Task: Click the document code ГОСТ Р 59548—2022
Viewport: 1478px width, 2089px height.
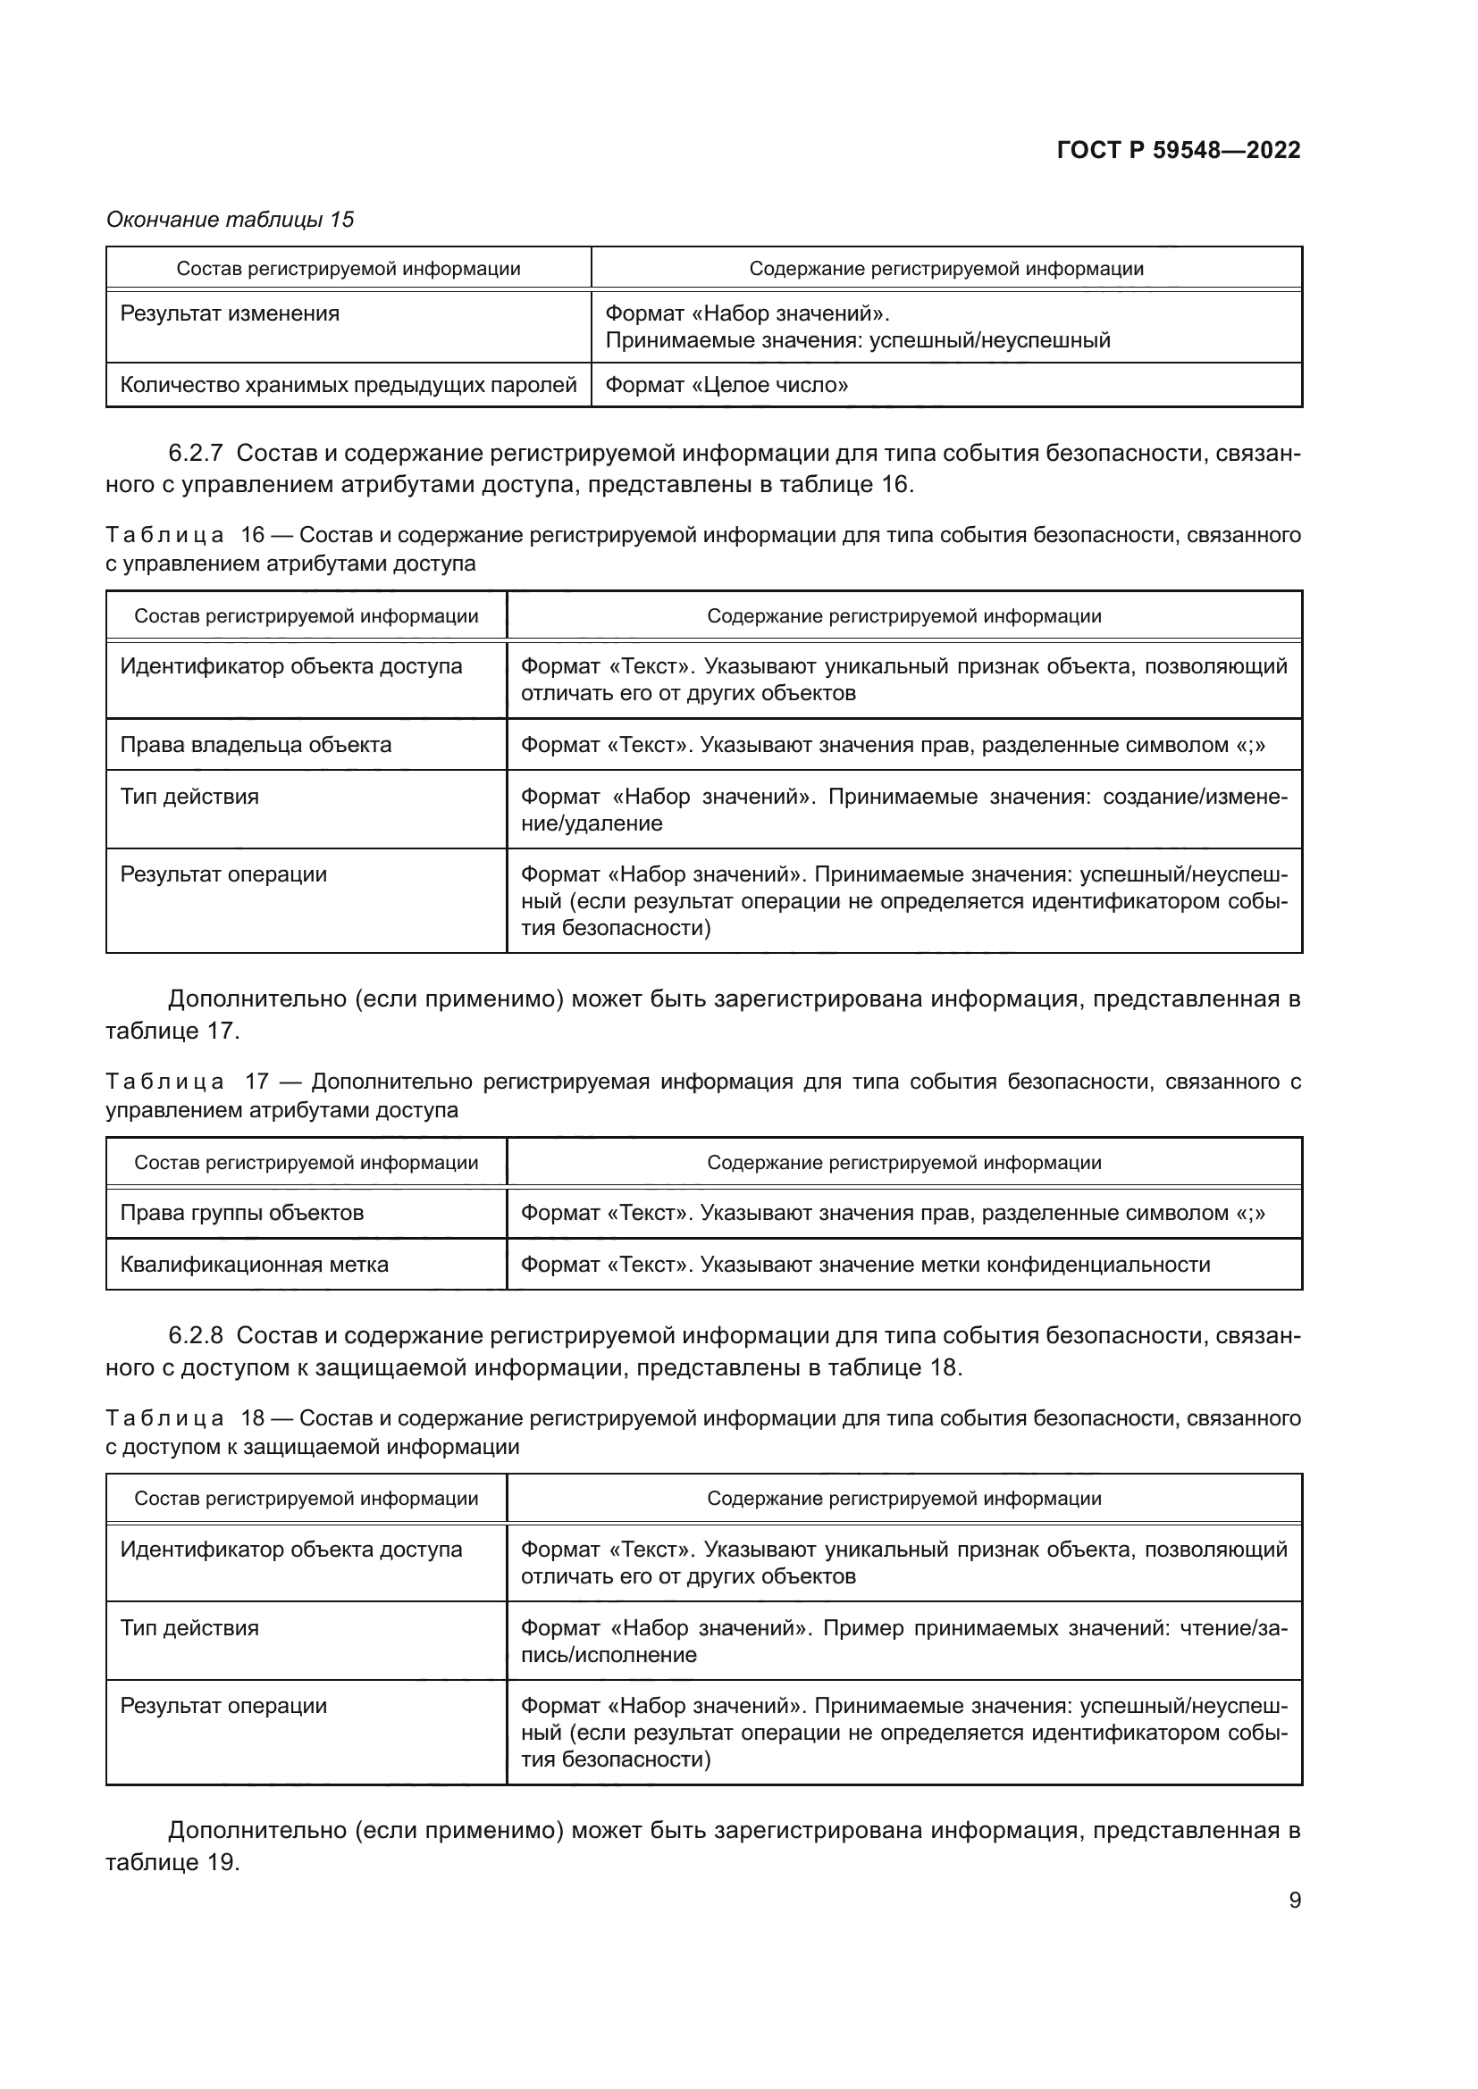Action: (x=1178, y=150)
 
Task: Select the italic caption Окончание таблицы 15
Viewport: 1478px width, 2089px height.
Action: (x=231, y=220)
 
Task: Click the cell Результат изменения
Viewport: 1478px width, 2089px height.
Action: (x=230, y=313)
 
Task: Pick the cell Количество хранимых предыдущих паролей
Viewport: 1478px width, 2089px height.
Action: (x=348, y=385)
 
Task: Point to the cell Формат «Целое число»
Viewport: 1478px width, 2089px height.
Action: (x=726, y=385)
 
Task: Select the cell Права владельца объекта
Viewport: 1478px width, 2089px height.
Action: (x=256, y=744)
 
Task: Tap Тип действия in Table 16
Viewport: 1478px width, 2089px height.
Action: (x=189, y=796)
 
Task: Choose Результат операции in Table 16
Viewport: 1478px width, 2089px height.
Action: (x=223, y=874)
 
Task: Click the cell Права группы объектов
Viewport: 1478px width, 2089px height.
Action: (x=241, y=1213)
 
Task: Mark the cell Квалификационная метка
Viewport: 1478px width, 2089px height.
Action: (x=254, y=1264)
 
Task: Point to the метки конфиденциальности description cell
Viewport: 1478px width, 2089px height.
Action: (x=865, y=1264)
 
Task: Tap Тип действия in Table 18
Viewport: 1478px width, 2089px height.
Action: (x=189, y=1628)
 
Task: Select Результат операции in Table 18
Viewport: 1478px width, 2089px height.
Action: (x=223, y=1706)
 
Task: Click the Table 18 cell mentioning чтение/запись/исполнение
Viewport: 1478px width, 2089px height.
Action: (x=903, y=1641)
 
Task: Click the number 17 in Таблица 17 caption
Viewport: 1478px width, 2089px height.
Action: (x=256, y=1082)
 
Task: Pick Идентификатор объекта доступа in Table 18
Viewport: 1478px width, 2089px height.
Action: (x=290, y=1550)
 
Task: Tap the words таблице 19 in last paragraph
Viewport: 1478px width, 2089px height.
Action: (x=171, y=1862)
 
